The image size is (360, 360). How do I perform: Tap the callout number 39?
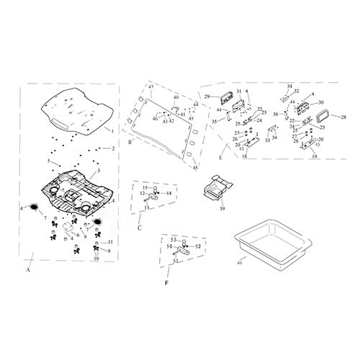pos(223,207)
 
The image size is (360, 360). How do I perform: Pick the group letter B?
pos(130,143)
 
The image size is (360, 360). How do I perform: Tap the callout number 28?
pos(343,117)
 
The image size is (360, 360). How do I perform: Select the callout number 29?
pos(207,96)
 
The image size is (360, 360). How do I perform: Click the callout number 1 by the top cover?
pos(112,131)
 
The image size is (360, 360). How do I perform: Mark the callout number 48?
pos(194,168)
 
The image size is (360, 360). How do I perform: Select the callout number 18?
pos(244,156)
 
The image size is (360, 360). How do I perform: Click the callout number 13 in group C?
pos(146,208)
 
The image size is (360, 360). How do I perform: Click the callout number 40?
pos(176,96)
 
